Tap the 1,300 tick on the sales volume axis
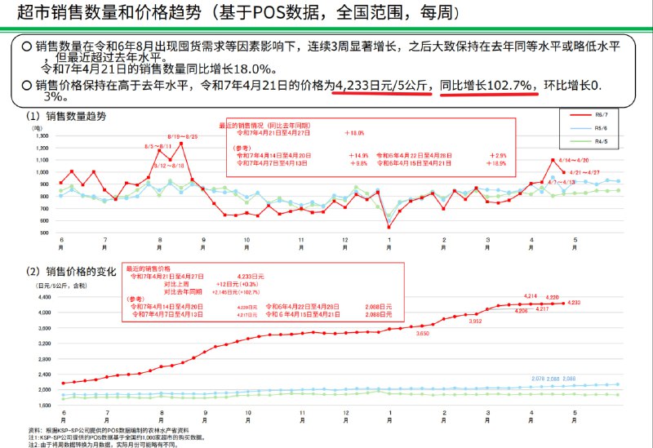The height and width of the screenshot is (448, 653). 41,135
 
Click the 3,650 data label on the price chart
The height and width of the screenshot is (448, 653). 422,333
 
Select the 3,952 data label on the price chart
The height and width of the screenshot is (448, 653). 476,321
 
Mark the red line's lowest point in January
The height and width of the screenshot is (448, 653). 389,227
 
